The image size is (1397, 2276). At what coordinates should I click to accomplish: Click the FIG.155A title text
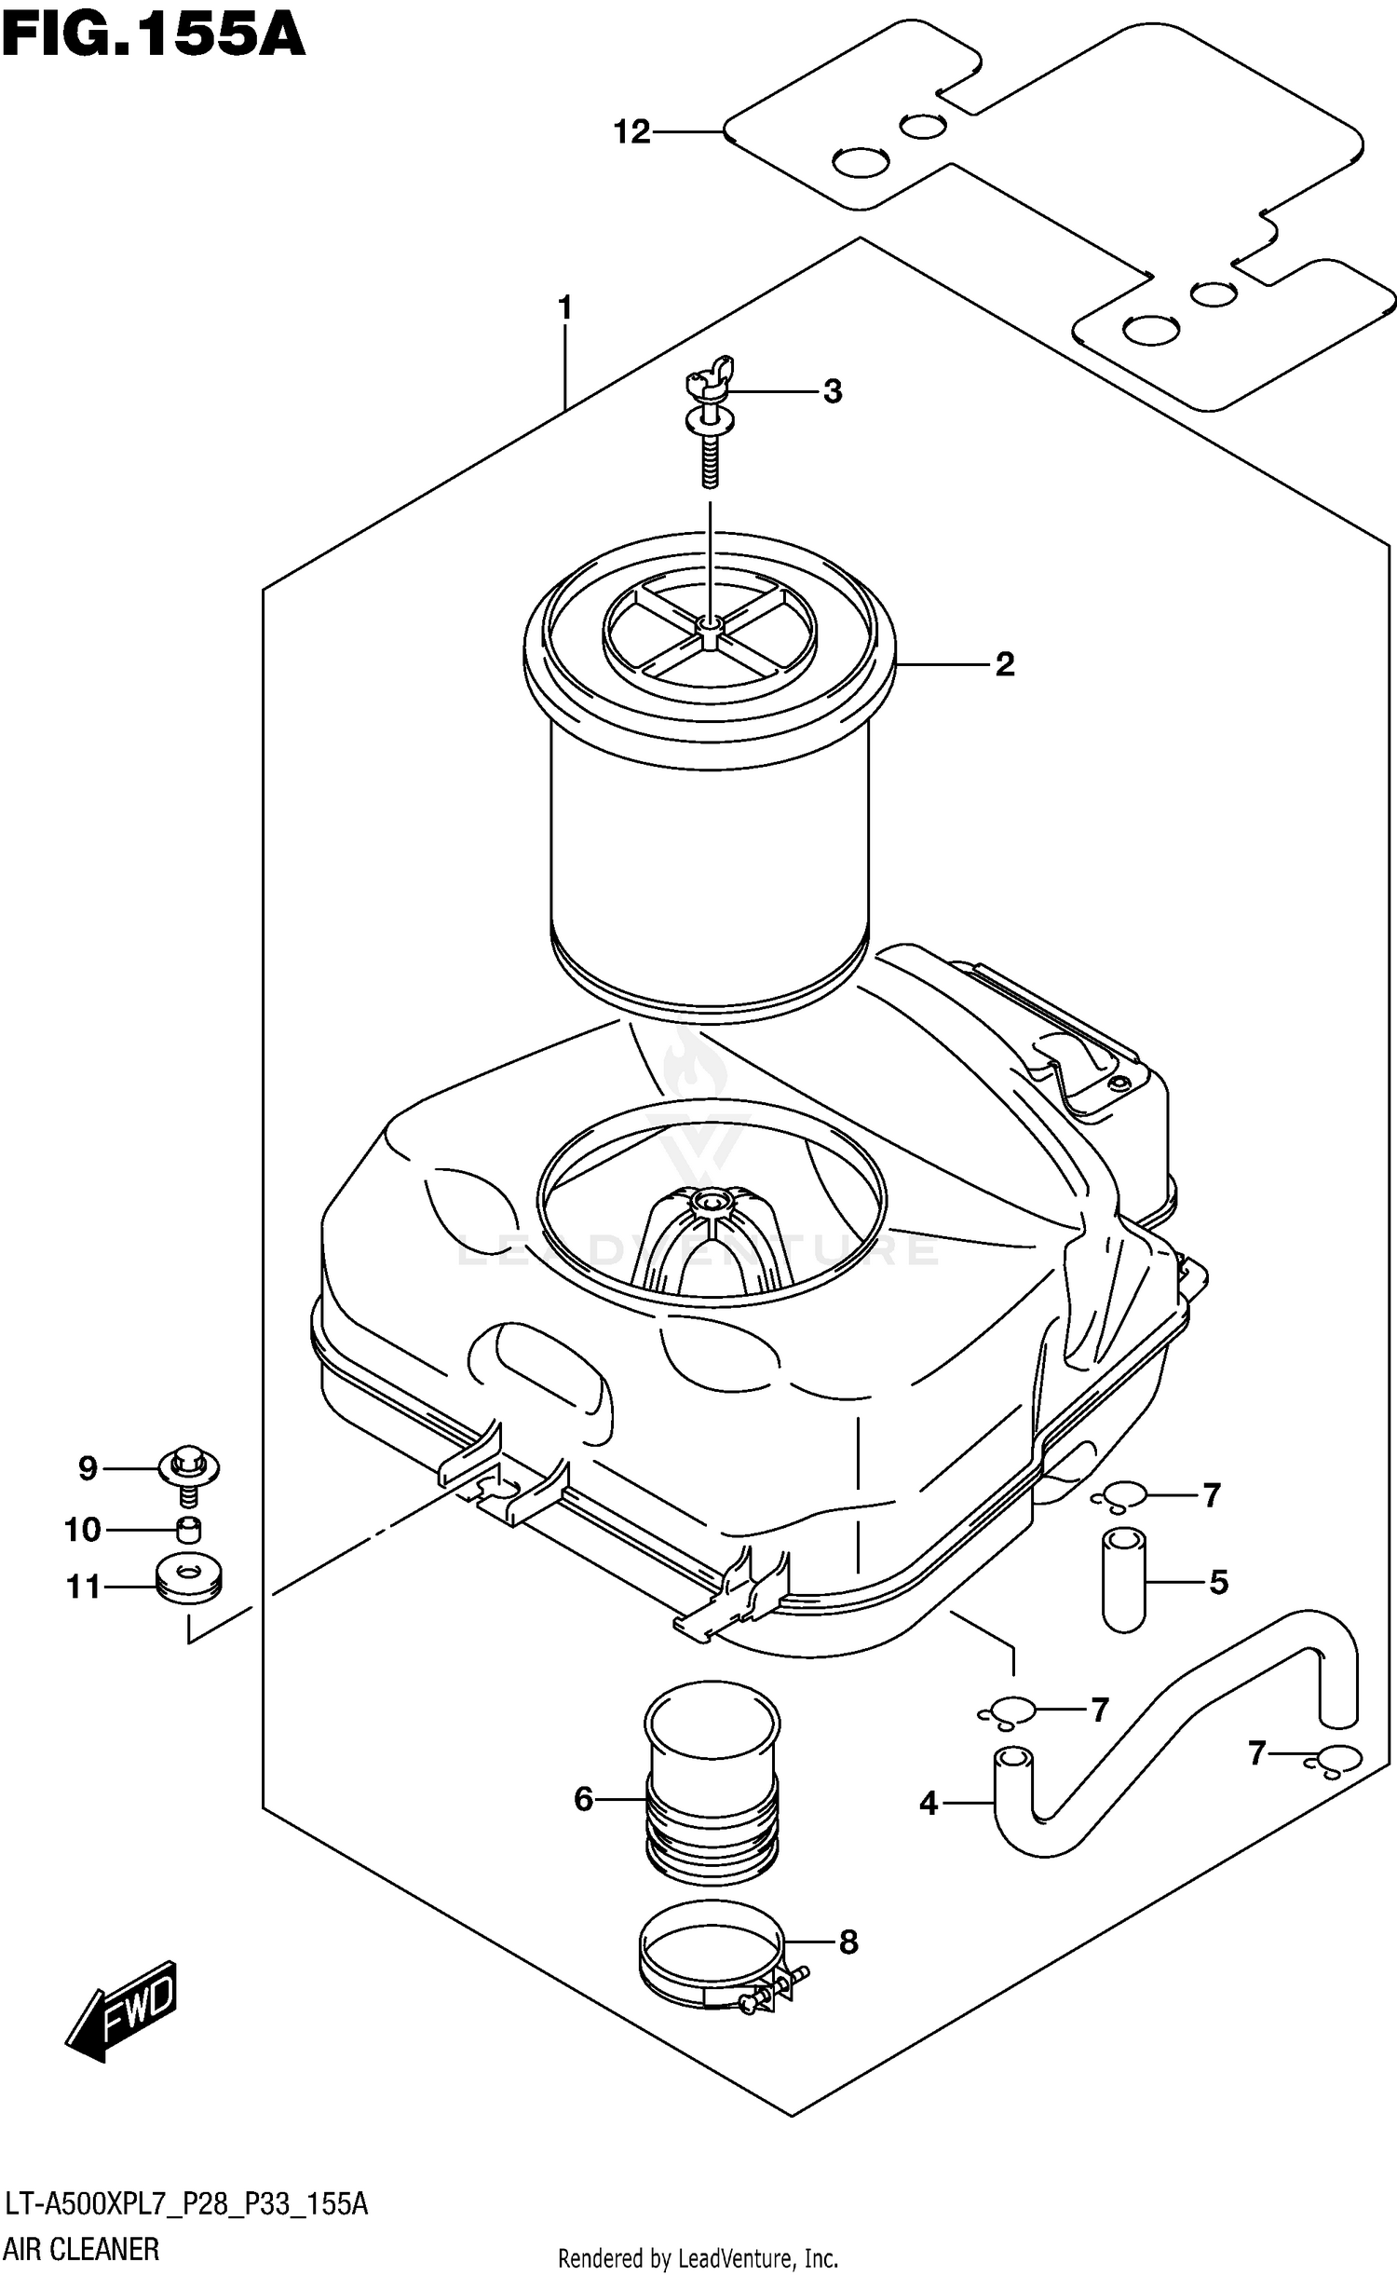(154, 35)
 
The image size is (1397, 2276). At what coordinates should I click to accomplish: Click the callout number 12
(631, 132)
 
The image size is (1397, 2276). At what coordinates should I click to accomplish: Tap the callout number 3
(832, 391)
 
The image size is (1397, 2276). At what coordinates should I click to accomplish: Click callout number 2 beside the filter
(1004, 664)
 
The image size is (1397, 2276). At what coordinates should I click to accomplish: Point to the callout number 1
(564, 307)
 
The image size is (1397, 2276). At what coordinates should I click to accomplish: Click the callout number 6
(583, 1799)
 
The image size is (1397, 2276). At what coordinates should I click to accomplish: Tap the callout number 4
(928, 1804)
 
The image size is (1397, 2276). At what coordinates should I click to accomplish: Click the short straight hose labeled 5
(1124, 1580)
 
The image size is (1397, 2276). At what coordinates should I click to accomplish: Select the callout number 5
(1218, 1582)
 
